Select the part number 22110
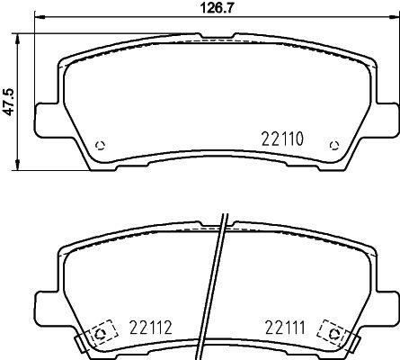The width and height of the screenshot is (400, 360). [x=284, y=139]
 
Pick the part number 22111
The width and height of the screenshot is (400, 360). [x=284, y=328]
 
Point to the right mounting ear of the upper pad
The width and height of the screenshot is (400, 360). [x=387, y=120]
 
